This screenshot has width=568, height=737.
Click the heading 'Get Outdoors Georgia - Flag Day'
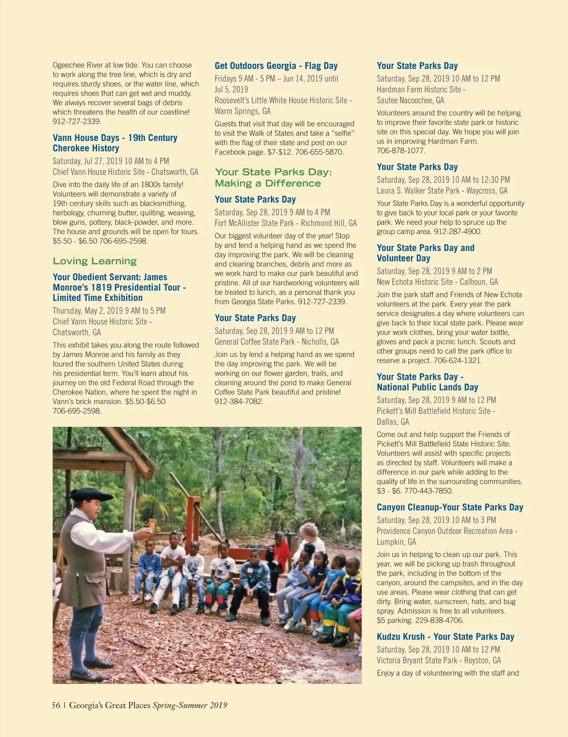(276, 66)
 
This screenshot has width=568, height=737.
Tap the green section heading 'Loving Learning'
(95, 261)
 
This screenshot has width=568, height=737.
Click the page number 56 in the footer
(56, 705)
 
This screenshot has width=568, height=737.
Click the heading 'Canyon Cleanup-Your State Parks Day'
(450, 507)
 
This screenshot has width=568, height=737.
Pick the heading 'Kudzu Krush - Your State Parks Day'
(445, 637)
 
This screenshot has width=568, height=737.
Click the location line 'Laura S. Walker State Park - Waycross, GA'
(442, 191)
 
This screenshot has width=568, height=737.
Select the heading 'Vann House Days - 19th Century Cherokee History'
(115, 143)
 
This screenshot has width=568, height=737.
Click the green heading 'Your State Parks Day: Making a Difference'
(274, 177)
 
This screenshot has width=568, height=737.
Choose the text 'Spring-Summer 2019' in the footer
(190, 705)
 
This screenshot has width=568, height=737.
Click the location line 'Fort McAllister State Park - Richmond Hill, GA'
(285, 223)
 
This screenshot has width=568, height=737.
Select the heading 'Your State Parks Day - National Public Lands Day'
(427, 382)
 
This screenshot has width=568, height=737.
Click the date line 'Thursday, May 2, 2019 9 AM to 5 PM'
(109, 311)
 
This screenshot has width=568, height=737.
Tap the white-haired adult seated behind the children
(311, 537)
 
